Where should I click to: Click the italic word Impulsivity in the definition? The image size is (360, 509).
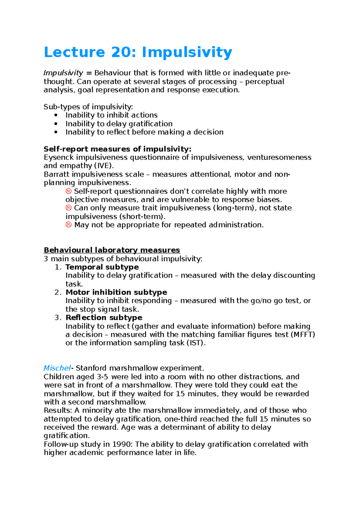click(63, 73)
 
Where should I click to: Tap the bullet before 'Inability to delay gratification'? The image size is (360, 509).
click(55, 124)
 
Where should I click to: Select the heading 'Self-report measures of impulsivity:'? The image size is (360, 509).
click(117, 149)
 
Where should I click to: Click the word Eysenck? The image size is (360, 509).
click(59, 157)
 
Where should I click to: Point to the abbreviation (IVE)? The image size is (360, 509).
click(104, 166)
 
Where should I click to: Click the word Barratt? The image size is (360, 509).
click(56, 174)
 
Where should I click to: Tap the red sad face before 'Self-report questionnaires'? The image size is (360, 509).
click(68, 191)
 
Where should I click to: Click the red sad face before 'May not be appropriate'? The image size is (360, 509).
click(68, 225)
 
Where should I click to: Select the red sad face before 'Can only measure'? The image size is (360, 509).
click(68, 208)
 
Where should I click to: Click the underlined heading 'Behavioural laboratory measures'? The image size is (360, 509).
click(112, 250)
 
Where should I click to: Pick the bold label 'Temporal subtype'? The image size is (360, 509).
click(102, 267)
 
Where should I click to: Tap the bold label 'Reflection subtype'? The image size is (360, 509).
click(104, 317)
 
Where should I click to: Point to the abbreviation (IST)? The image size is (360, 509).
click(196, 343)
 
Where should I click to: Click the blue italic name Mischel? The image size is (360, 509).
click(57, 368)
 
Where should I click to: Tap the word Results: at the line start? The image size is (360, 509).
click(58, 410)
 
